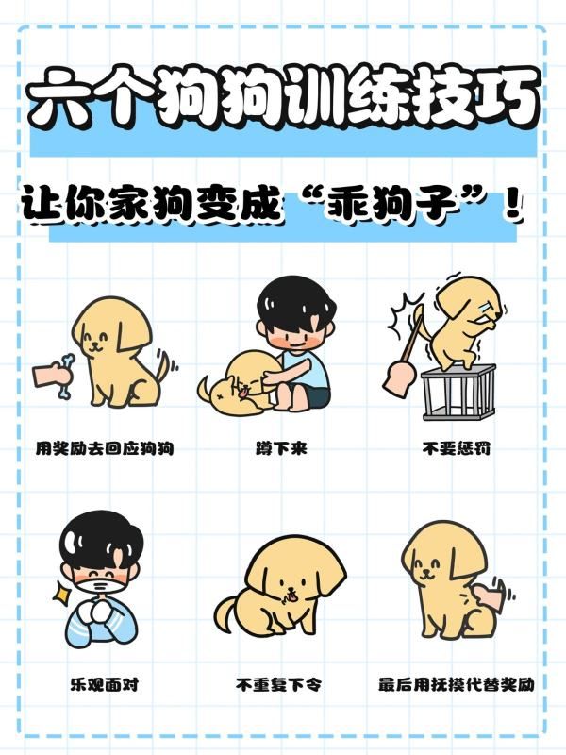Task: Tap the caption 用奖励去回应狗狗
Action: click(105, 449)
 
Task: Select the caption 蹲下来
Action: click(281, 449)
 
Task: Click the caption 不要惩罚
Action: click(457, 449)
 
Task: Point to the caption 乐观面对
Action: click(105, 684)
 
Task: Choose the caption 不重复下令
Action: click(278, 684)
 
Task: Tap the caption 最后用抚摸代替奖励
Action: click(457, 684)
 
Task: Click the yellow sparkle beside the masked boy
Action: click(61, 592)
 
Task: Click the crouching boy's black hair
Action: click(295, 303)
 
